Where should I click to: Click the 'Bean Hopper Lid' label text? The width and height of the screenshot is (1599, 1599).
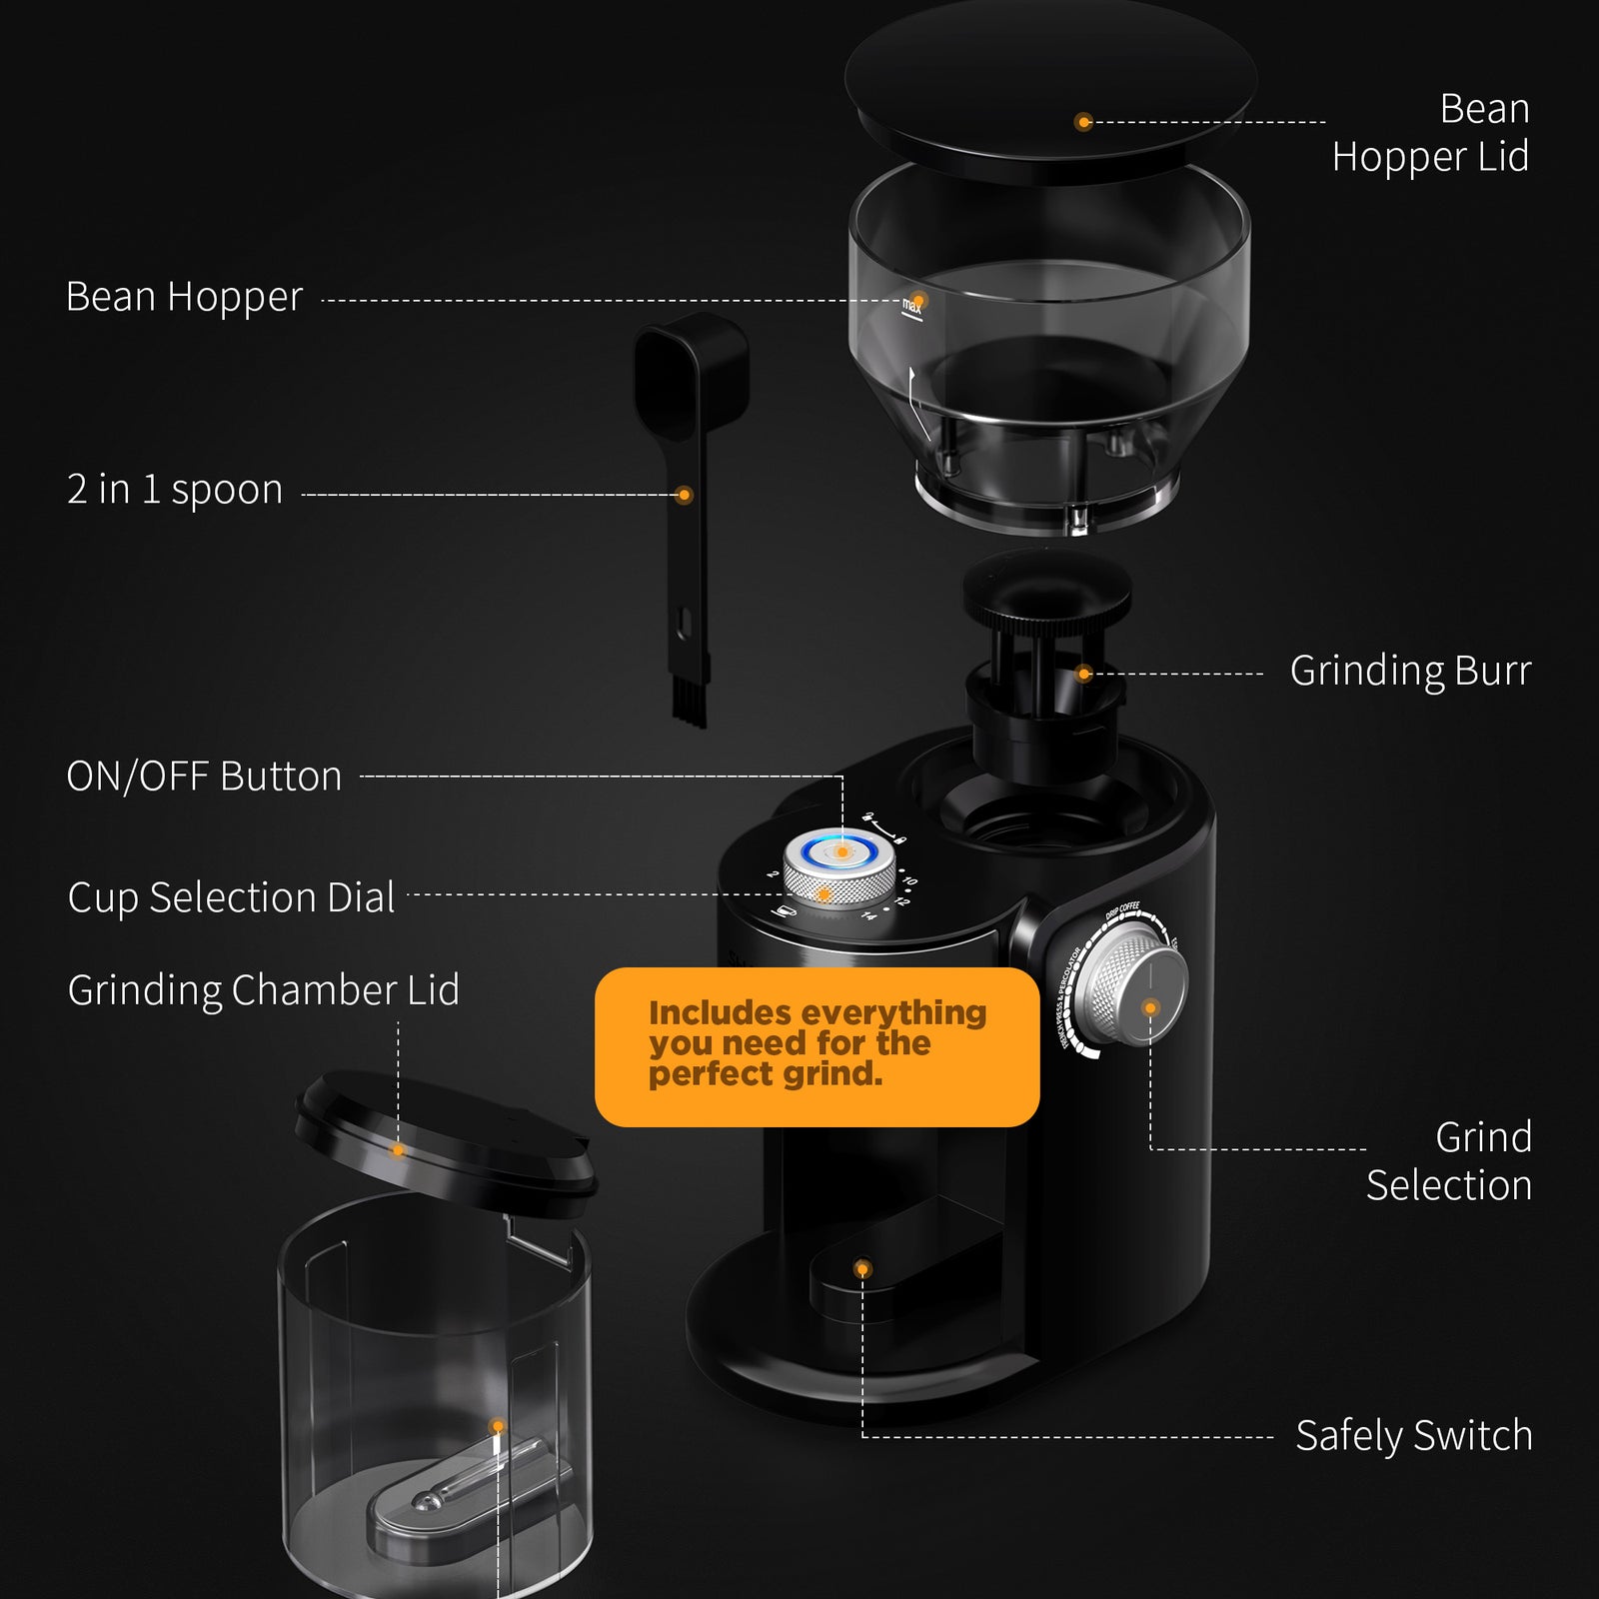click(x=1431, y=132)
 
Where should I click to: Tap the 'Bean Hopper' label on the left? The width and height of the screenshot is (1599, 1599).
click(x=184, y=297)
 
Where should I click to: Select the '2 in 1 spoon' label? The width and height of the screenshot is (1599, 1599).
click(x=175, y=490)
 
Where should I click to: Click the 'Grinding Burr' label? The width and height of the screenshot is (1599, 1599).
click(x=1410, y=671)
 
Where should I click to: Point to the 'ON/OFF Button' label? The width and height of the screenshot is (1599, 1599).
click(x=204, y=777)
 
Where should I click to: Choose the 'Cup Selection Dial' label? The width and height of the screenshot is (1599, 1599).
click(x=231, y=897)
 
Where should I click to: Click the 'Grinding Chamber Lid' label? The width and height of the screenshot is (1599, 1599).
click(x=263, y=990)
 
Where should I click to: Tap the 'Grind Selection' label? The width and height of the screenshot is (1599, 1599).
click(x=1449, y=1161)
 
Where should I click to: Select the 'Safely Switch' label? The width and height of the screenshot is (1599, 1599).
click(x=1413, y=1435)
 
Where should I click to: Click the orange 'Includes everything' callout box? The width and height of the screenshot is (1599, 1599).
click(x=816, y=1045)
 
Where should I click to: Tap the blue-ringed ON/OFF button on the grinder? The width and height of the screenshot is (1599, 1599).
click(x=841, y=851)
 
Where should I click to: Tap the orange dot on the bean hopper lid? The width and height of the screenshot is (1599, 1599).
click(x=1083, y=122)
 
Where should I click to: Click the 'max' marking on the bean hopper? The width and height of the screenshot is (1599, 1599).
click(x=911, y=306)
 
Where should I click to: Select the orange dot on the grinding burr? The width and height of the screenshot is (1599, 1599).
click(x=1083, y=674)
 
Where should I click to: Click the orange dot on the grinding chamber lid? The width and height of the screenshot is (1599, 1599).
click(x=398, y=1150)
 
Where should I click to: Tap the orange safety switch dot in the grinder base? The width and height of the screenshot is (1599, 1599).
click(x=862, y=1269)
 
